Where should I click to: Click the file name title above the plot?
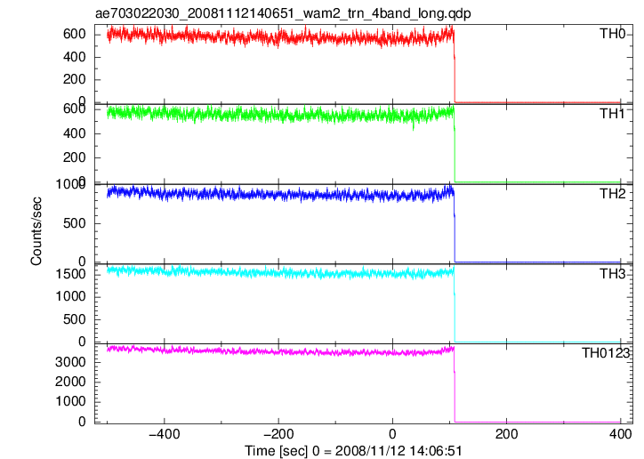click(x=283, y=13)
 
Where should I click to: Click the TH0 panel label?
click(x=612, y=34)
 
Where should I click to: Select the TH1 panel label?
click(x=612, y=114)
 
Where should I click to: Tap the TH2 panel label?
click(x=612, y=194)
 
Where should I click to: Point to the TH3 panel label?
click(x=612, y=274)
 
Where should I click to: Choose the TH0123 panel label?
click(x=606, y=353)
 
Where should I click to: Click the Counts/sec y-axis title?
click(x=36, y=231)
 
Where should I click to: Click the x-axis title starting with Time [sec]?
click(x=354, y=451)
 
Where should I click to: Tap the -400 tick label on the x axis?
click(x=165, y=434)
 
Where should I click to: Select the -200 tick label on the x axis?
click(x=278, y=434)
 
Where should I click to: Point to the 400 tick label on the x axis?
click(x=621, y=434)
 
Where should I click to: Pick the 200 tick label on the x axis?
click(x=506, y=434)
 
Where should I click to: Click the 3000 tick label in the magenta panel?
click(x=70, y=362)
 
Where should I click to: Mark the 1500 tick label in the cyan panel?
click(x=70, y=274)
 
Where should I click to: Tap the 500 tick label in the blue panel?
click(x=75, y=223)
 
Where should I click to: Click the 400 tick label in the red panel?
click(x=75, y=57)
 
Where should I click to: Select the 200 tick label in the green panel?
click(x=75, y=157)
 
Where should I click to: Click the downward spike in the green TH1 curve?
click(x=414, y=125)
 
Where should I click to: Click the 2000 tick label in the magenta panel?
click(x=70, y=382)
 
